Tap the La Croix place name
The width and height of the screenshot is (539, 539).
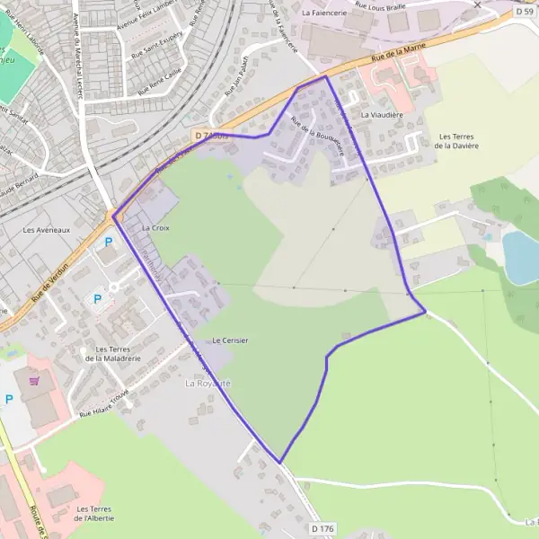[x=155, y=228]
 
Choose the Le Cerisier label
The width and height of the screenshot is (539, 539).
[x=230, y=340]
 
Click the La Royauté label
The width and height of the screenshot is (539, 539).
[x=208, y=384]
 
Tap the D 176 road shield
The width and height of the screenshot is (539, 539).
[x=323, y=529]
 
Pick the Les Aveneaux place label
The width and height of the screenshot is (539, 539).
[x=46, y=229]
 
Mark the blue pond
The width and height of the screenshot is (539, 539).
[x=521, y=257]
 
